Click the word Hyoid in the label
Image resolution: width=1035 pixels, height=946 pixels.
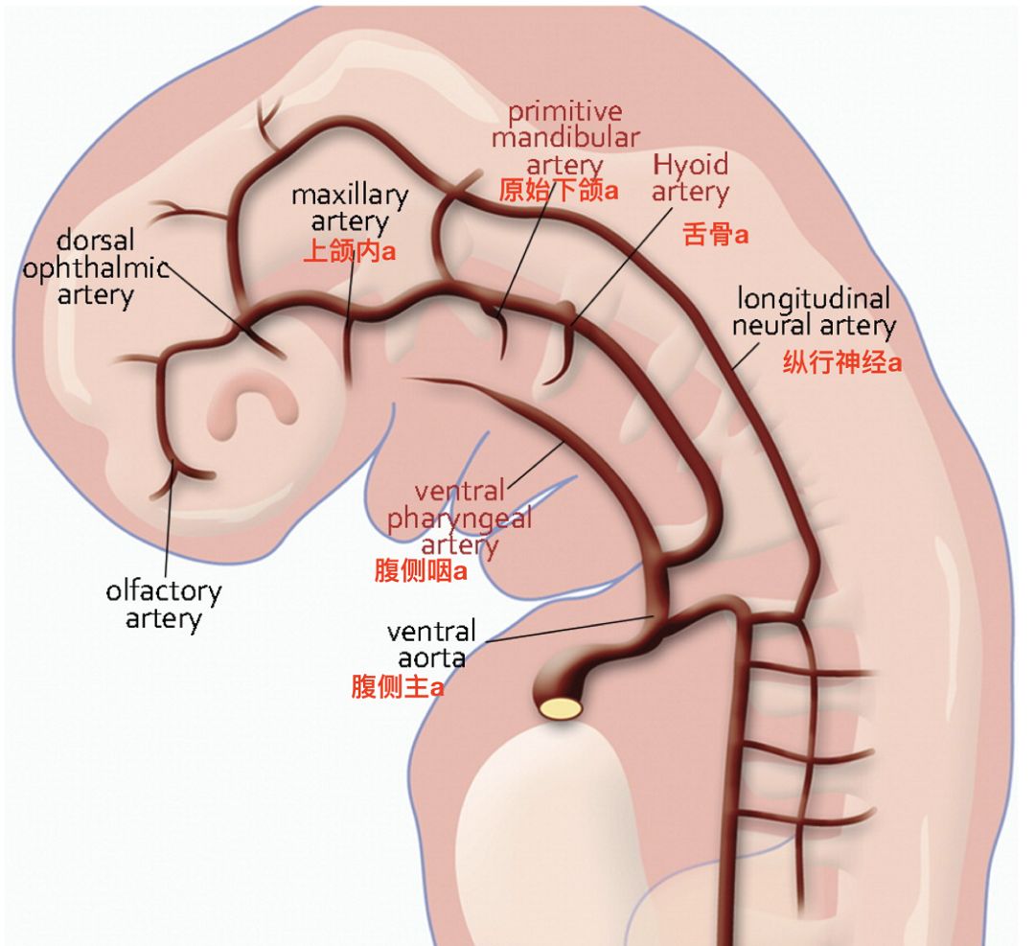[x=690, y=164]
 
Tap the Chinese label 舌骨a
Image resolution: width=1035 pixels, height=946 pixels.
[x=715, y=234]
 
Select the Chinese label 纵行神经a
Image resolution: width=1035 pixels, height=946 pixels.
[x=841, y=363]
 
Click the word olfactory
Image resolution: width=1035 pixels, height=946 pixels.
[x=163, y=591]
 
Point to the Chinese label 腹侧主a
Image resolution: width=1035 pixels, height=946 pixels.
[x=397, y=687]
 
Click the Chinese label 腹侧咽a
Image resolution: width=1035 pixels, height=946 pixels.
[x=420, y=572]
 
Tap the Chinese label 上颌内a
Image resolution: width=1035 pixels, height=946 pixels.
[x=349, y=251]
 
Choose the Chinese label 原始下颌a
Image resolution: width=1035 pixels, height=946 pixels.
[x=559, y=190]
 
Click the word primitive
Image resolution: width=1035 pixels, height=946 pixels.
[x=564, y=111]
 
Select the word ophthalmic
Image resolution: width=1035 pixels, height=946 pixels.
[x=96, y=267]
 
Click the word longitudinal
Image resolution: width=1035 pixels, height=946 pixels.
[x=813, y=297]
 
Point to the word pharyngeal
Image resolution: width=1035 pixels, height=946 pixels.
[x=458, y=519]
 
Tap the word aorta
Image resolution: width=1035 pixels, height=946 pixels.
[x=431, y=658]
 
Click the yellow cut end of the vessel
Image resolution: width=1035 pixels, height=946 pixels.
[x=561, y=707]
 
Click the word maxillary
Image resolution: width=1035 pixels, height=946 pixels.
[x=350, y=196]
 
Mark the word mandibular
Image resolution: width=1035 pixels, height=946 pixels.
[x=564, y=138]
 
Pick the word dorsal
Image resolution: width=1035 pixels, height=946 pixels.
[x=95, y=240]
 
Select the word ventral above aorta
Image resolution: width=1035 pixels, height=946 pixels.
[x=431, y=632]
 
